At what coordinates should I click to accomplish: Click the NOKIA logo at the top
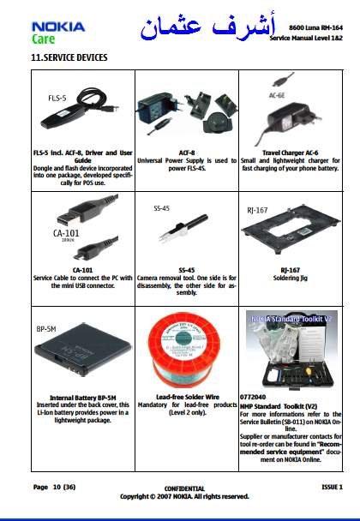(58, 27)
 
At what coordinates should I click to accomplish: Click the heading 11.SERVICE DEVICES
(69, 57)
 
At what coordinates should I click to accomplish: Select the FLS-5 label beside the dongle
(57, 98)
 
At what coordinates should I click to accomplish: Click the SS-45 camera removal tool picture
(183, 227)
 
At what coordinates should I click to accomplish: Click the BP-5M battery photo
(83, 349)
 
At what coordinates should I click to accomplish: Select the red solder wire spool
(183, 350)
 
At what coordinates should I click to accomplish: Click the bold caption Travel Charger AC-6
(291, 153)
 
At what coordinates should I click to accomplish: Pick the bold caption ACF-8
(187, 153)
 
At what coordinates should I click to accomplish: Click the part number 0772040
(253, 397)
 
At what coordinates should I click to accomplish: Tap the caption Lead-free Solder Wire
(188, 397)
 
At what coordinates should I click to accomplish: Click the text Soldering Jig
(291, 278)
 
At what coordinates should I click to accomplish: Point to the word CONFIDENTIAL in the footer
(184, 488)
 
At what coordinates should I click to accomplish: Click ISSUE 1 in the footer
(332, 487)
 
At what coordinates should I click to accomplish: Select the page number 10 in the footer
(57, 487)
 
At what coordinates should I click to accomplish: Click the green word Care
(43, 39)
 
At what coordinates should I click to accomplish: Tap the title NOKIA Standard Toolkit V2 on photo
(291, 319)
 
